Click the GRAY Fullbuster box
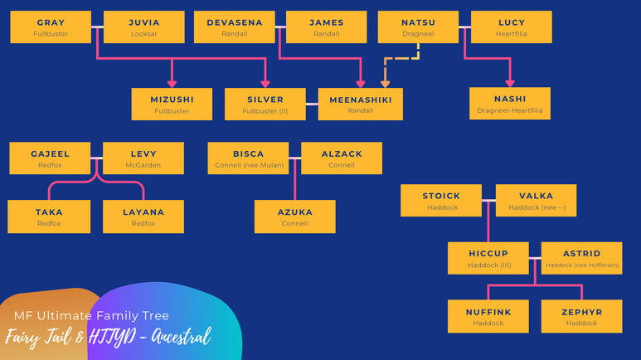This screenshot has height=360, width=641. (51, 27)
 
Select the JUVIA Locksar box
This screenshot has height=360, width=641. (144, 27)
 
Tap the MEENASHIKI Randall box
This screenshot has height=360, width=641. (360, 104)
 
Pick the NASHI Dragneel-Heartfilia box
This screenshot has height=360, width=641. (510, 104)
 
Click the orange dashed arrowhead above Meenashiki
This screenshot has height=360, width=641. (385, 84)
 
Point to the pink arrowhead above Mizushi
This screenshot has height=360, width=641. (172, 84)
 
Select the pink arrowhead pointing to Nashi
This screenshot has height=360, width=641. (510, 83)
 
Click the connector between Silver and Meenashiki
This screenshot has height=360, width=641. (312, 104)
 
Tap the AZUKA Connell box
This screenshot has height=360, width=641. (294, 216)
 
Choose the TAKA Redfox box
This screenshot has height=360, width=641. (49, 216)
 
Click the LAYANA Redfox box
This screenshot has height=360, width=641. (143, 216)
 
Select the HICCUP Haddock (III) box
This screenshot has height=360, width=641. (488, 258)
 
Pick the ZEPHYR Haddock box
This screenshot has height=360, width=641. (582, 316)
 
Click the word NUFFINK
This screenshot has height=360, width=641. (488, 312)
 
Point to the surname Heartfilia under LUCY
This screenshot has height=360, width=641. (512, 34)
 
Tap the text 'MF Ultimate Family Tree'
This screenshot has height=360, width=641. (91, 316)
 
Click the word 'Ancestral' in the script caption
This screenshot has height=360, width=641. (181, 337)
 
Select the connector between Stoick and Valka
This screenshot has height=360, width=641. (488, 201)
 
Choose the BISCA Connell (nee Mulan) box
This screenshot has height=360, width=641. (248, 158)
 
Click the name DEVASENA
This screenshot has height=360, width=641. (235, 23)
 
